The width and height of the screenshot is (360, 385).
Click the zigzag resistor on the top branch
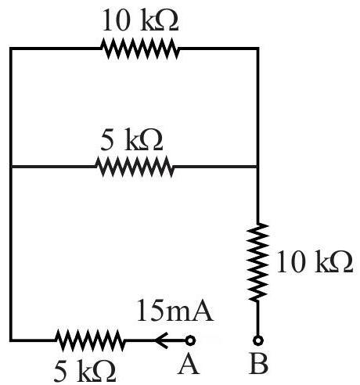point(140,49)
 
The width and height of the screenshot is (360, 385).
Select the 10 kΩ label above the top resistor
point(140,20)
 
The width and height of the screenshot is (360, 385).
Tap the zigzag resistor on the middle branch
point(134,167)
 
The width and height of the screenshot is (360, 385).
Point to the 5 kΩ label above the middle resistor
point(131,139)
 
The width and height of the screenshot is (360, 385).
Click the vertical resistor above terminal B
point(257,262)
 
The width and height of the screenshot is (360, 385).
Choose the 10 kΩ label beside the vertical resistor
point(315,262)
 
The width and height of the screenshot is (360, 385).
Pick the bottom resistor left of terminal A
point(90,340)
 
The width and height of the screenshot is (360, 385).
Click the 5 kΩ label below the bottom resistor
point(85,371)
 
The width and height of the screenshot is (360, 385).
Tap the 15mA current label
point(175,310)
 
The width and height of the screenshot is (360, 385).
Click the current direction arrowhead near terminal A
point(161,340)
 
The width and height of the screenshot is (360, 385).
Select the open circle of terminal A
point(191,340)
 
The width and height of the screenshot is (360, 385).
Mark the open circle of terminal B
point(258,340)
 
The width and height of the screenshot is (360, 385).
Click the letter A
point(189,365)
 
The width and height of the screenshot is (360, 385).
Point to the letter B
point(259,365)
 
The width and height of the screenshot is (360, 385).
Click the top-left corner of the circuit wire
point(11,49)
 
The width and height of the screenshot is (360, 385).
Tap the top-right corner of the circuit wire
point(257,49)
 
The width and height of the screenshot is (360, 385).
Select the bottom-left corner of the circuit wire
point(11,340)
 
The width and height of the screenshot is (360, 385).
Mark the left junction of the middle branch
point(11,167)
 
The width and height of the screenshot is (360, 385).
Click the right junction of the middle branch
point(257,167)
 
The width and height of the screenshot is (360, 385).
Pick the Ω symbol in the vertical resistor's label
point(341,262)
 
